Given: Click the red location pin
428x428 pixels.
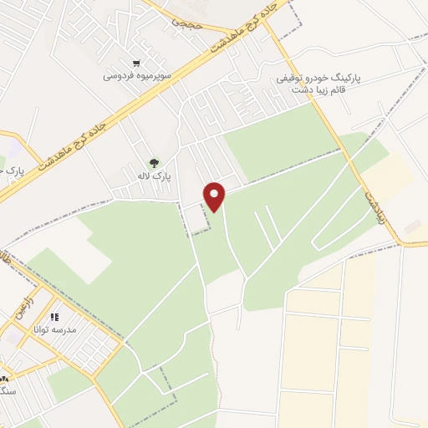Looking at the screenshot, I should pyautogui.click(x=215, y=196).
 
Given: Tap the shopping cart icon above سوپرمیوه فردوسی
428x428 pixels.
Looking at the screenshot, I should pyautogui.click(x=136, y=63).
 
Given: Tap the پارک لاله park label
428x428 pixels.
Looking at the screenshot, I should pyautogui.click(x=152, y=177).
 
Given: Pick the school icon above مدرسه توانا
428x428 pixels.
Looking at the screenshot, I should pyautogui.click(x=54, y=318).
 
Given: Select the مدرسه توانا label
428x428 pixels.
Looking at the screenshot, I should pyautogui.click(x=54, y=330).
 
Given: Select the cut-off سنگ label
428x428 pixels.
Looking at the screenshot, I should pyautogui.click(x=8, y=390).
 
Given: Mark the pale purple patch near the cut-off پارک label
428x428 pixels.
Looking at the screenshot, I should pyautogui.click(x=10, y=150).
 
